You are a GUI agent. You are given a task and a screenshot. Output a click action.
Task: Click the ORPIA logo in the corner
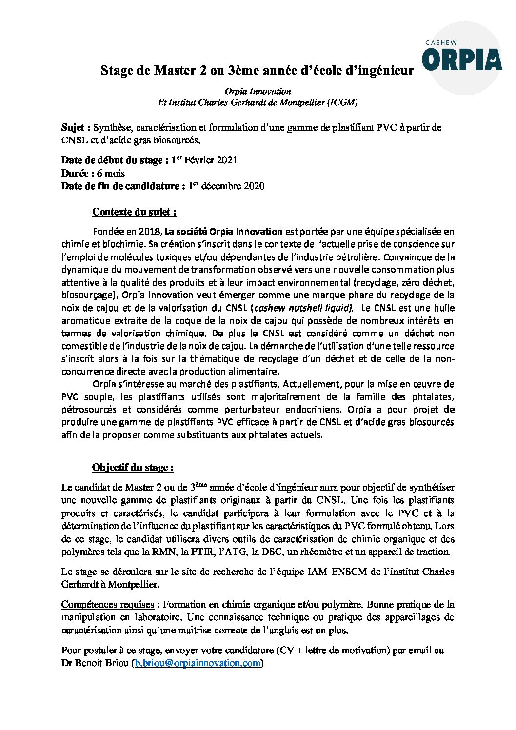(462, 60)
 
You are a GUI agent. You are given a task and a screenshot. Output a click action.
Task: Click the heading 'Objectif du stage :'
(133, 467)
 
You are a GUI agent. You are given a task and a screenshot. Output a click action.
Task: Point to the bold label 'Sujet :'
(76, 128)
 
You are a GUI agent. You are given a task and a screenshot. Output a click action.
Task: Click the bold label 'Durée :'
(78, 173)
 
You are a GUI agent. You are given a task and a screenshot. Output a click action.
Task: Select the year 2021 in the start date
(227, 160)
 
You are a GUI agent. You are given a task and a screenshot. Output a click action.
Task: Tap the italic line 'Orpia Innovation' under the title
(258, 91)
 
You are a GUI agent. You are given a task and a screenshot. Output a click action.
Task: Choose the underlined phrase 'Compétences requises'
(107, 604)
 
